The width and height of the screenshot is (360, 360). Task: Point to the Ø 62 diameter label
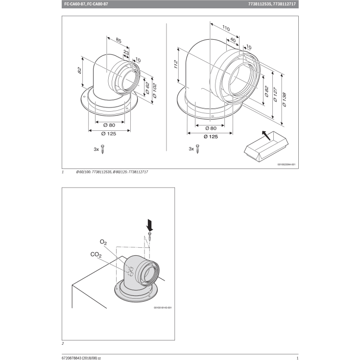(146, 85)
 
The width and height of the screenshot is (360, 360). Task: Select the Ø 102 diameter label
(155, 89)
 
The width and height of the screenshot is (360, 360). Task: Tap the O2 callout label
(103, 242)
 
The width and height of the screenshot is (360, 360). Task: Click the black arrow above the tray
(264, 134)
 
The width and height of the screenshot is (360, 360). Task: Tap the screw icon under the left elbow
(103, 149)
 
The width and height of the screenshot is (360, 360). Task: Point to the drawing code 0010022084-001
(286, 165)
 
